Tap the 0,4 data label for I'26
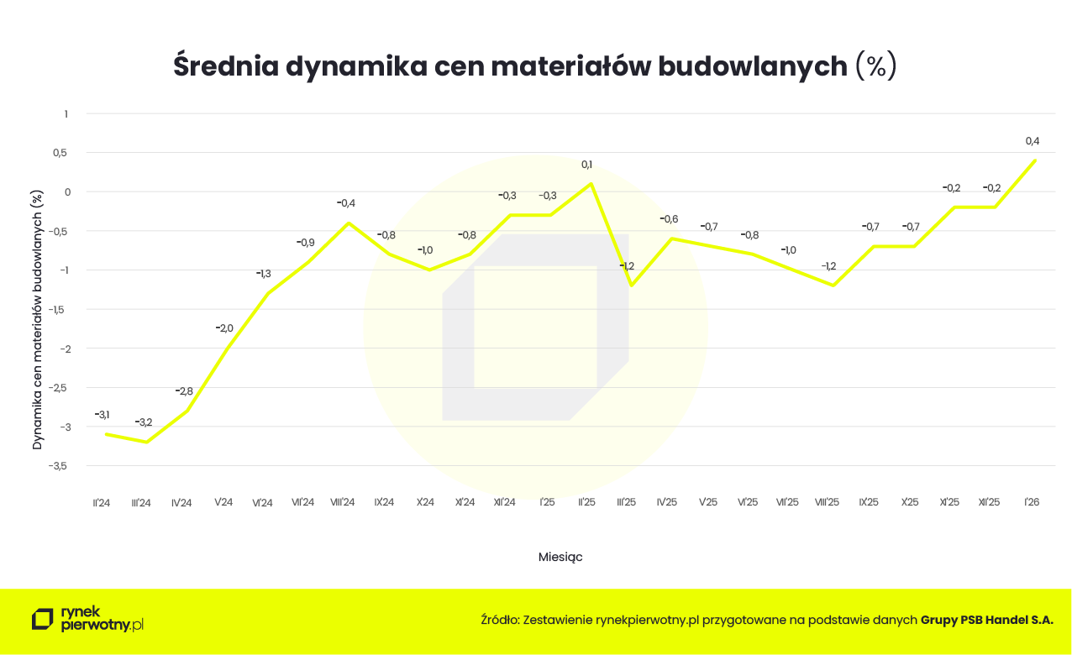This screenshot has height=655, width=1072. click(1033, 141)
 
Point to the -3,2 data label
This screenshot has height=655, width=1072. click(144, 422)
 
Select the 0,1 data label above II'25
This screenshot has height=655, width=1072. click(586, 165)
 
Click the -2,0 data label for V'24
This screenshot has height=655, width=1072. click(224, 328)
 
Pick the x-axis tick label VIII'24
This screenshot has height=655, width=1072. click(343, 502)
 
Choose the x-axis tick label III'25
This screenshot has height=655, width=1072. click(626, 502)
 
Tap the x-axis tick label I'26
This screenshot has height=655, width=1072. click(1033, 502)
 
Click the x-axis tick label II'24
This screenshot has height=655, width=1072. click(102, 502)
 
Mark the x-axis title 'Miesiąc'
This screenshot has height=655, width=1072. click(560, 557)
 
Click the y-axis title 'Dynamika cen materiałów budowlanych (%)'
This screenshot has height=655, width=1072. click(37, 319)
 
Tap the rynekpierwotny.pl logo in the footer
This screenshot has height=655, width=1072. click(87, 619)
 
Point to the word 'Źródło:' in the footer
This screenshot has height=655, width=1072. click(500, 621)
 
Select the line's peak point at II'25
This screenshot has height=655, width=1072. click(591, 184)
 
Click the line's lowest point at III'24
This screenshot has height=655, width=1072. click(147, 442)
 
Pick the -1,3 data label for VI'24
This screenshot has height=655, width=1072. click(264, 274)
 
